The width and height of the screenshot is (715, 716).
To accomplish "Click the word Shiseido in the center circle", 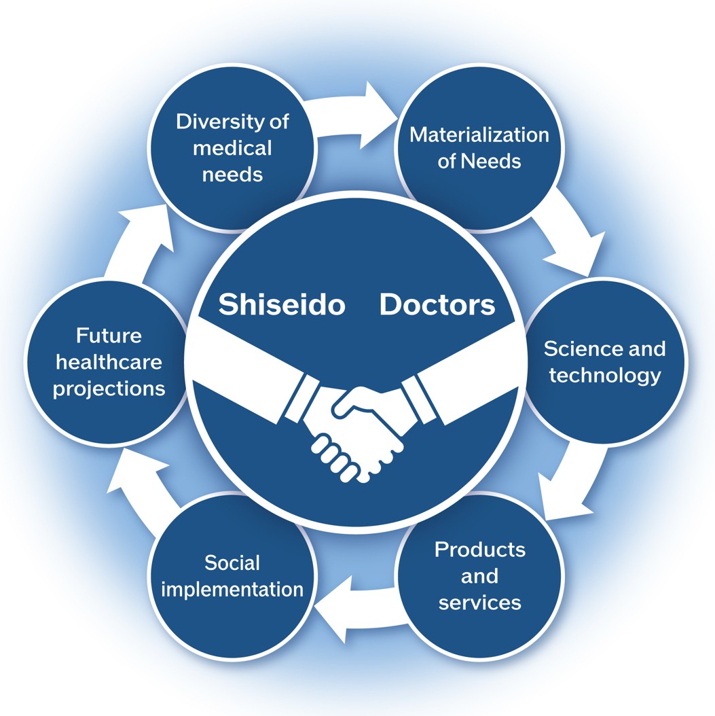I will pyautogui.click(x=281, y=305).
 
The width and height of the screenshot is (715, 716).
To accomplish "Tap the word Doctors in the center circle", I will pyautogui.click(x=437, y=305).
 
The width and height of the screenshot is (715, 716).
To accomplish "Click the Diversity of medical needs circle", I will pyautogui.click(x=232, y=147).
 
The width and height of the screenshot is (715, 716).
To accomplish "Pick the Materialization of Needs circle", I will pyautogui.click(x=479, y=147).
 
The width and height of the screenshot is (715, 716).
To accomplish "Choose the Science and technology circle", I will pyautogui.click(x=604, y=361).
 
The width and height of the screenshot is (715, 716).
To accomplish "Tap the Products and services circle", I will pyautogui.click(x=479, y=575).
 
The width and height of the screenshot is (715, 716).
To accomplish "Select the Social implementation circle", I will pyautogui.click(x=232, y=575).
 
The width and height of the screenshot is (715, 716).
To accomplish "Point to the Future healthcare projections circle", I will pyautogui.click(x=109, y=362).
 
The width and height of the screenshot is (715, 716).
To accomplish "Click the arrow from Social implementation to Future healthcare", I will pyautogui.click(x=139, y=482).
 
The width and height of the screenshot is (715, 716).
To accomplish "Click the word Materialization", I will pyautogui.click(x=479, y=135).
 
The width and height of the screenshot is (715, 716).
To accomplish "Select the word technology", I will pyautogui.click(x=604, y=375).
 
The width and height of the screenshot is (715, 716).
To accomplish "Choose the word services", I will pyautogui.click(x=479, y=602).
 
